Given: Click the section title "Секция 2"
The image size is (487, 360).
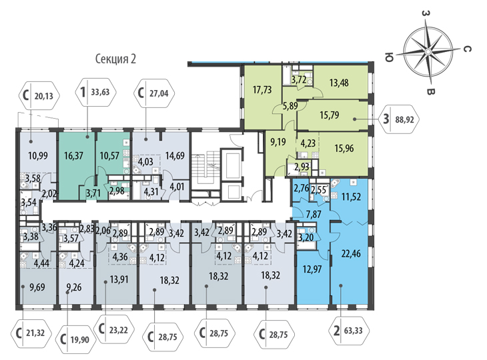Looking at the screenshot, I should click(115, 59).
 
